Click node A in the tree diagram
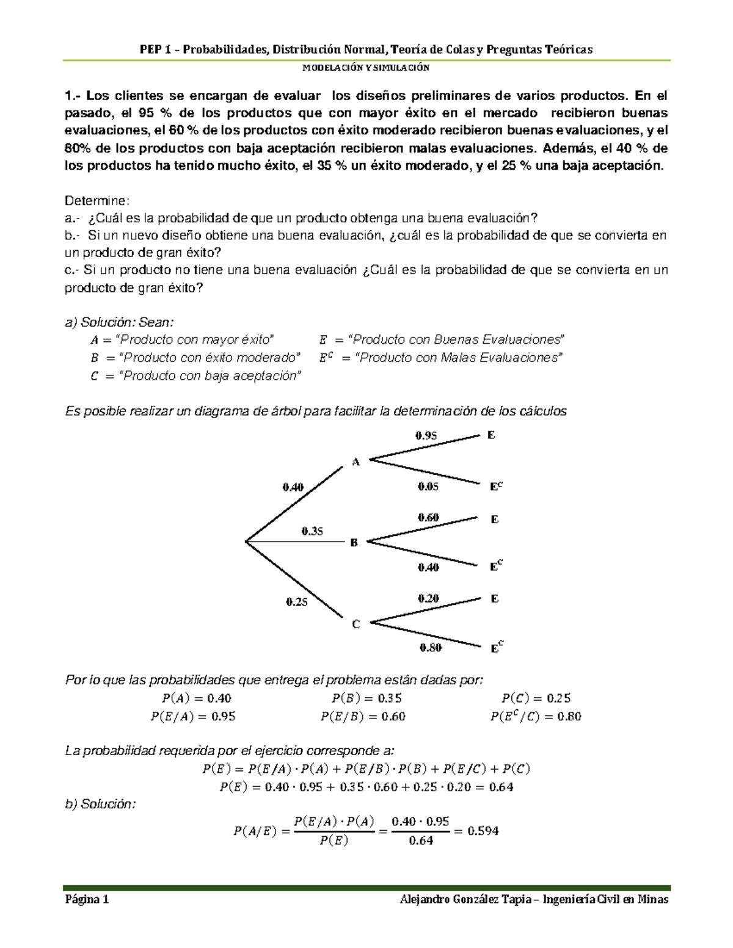pos(356,462)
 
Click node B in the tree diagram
pos(354,542)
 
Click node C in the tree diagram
pos(356,624)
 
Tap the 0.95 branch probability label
pos(426,436)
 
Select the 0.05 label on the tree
pos(428,487)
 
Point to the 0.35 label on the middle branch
pos(312,531)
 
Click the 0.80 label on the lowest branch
pos(430,648)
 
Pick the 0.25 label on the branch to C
pos(297,602)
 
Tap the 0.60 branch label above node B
pos(428,517)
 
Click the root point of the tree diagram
pos(246,541)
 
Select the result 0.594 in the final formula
pos(483,831)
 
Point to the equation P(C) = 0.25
pos(536,698)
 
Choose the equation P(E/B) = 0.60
pos(363,717)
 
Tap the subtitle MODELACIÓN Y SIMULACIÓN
pos(366,68)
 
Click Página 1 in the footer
pos(87,900)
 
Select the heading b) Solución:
pos(100,804)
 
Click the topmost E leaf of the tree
pos(491,435)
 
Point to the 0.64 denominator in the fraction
pos(421,841)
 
